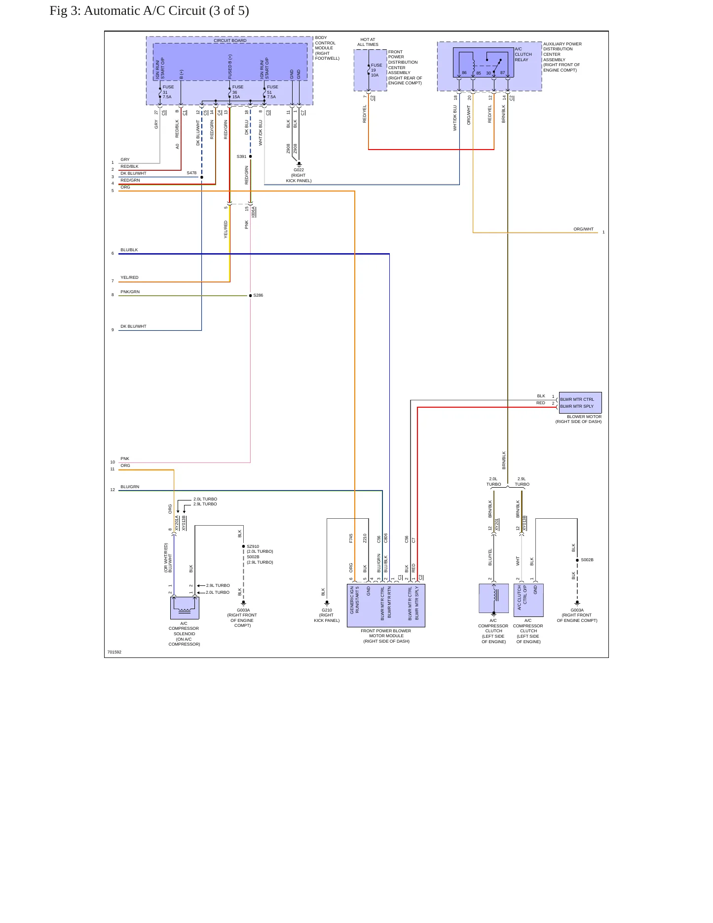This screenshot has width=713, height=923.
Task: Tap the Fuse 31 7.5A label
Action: coord(168,92)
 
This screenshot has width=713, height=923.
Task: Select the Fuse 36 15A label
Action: coord(238,92)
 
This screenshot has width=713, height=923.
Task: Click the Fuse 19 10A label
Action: coord(376,70)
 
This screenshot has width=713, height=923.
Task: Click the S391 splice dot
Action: coord(250,156)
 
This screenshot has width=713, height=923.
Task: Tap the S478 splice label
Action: coord(191,173)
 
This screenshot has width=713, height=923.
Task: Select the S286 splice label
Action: coord(258,295)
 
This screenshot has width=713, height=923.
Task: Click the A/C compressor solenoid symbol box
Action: coord(185,608)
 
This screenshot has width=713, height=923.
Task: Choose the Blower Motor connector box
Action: coord(580,403)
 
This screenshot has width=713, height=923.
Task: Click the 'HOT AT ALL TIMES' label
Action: coord(368,42)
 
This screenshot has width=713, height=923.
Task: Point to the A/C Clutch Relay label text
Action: coord(523,54)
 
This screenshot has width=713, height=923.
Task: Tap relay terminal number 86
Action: coord(464,73)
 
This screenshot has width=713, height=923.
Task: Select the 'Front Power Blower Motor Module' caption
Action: coord(386,636)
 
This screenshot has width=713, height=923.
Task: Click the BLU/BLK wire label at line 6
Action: coord(129,250)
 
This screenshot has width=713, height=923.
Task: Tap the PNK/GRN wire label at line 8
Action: coord(130,292)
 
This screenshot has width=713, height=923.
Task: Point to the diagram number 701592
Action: coord(114,652)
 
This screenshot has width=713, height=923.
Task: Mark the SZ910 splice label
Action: coord(253,546)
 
